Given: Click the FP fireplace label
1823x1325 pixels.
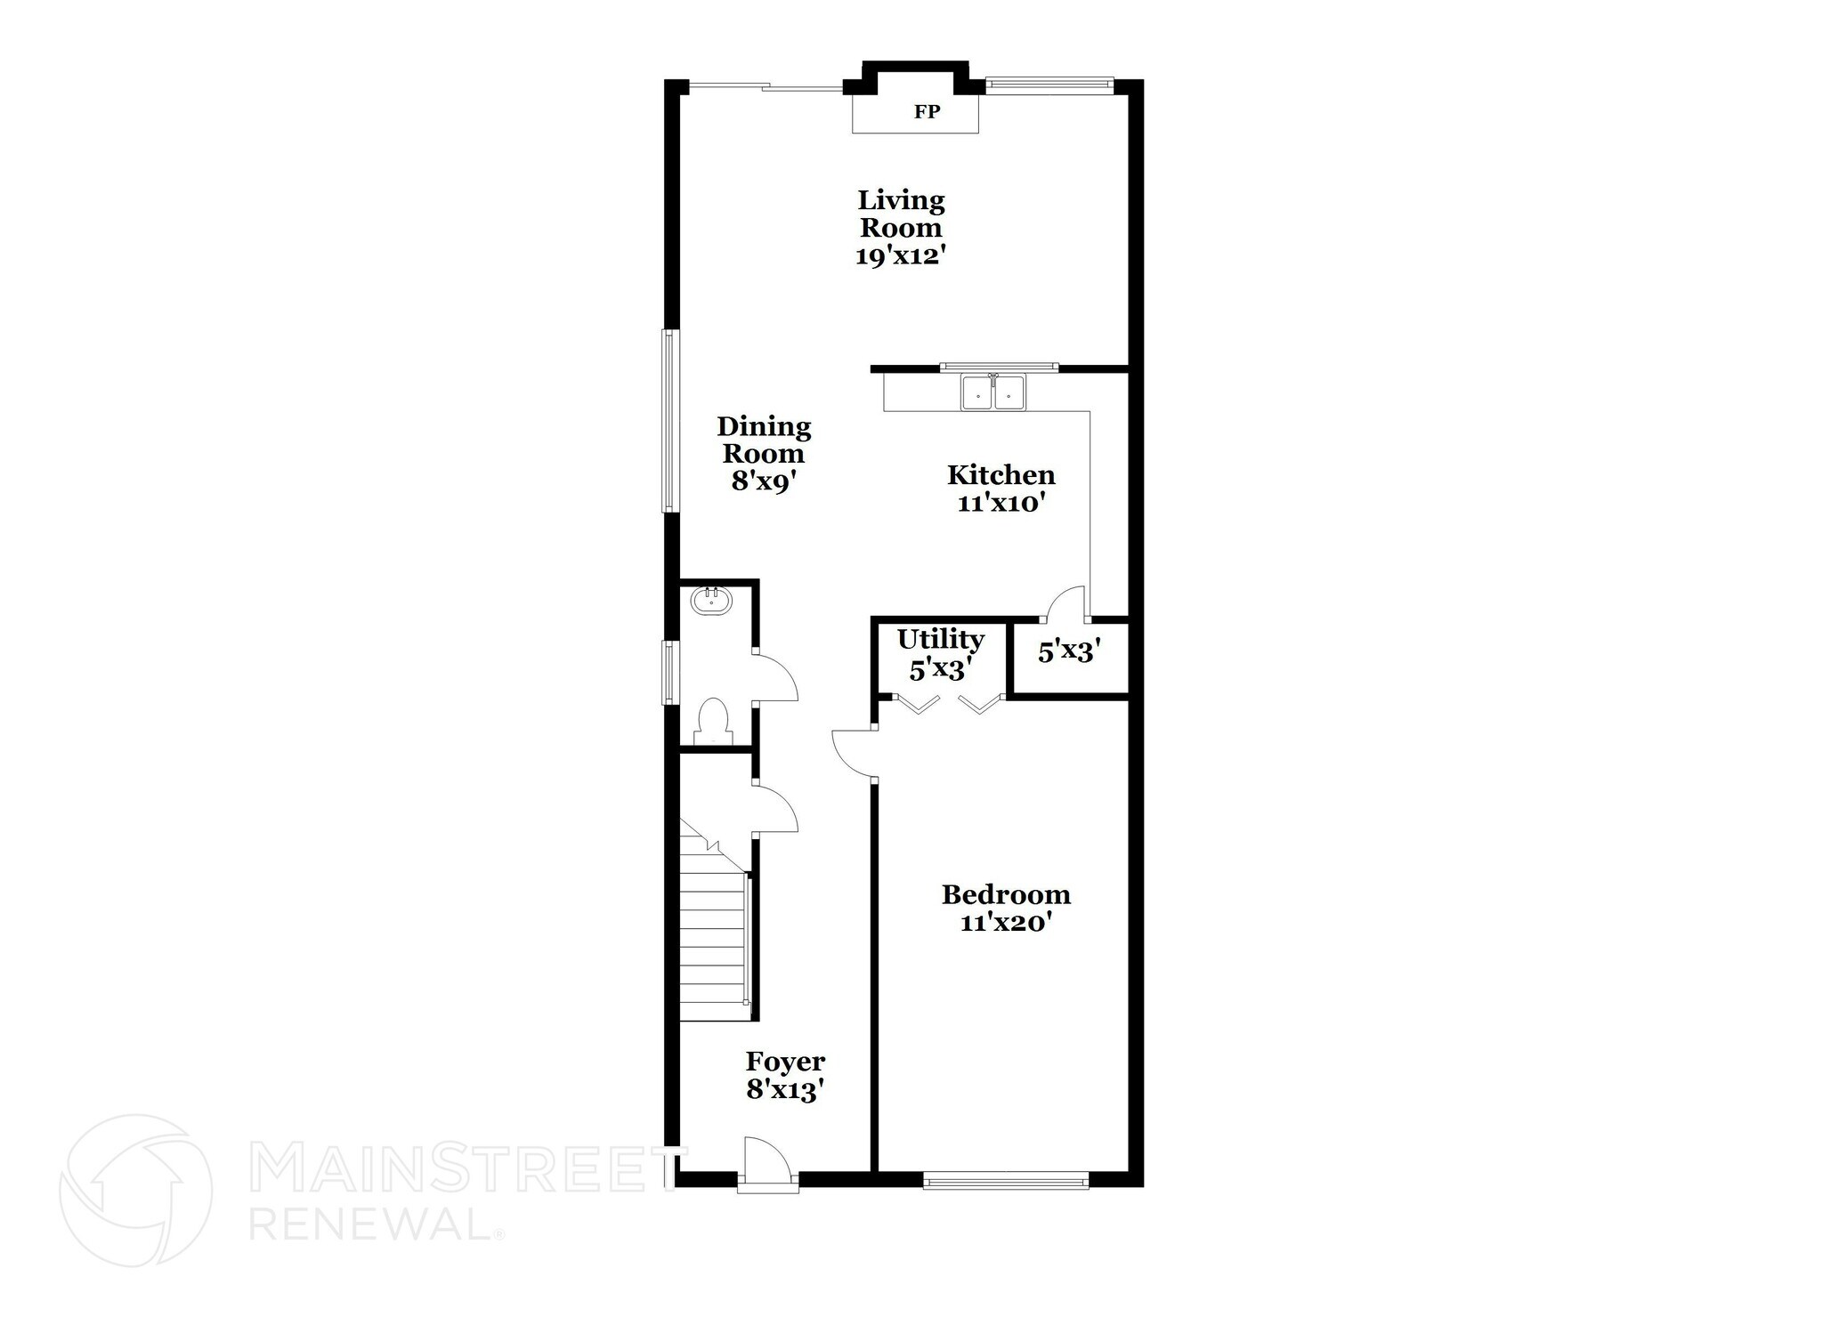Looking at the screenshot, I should pyautogui.click(x=927, y=112).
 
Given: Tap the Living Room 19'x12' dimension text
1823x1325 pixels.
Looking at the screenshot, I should pyautogui.click(x=900, y=256).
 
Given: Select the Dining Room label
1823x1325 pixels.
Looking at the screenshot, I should pyautogui.click(x=764, y=440).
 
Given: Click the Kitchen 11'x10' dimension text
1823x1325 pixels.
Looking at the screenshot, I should pyautogui.click(x=1001, y=504).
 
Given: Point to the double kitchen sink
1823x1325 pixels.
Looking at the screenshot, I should pyautogui.click(x=993, y=392).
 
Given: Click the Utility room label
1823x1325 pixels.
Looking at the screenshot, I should pyautogui.click(x=940, y=640).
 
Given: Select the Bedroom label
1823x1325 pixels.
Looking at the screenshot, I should pyautogui.click(x=1006, y=894).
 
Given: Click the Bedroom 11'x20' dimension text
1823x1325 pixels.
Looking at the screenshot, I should pyautogui.click(x=1006, y=923).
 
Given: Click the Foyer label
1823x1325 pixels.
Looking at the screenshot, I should pyautogui.click(x=785, y=1062).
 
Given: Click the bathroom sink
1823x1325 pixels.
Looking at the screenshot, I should pyautogui.click(x=711, y=600).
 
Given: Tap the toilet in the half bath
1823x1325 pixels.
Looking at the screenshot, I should pyautogui.click(x=713, y=721).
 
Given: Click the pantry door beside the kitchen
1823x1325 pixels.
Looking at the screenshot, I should pyautogui.click(x=1065, y=603).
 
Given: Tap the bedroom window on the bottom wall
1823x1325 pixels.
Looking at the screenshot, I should pyautogui.click(x=1006, y=1182).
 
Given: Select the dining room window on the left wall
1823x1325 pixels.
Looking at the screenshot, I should pyautogui.click(x=669, y=421).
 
